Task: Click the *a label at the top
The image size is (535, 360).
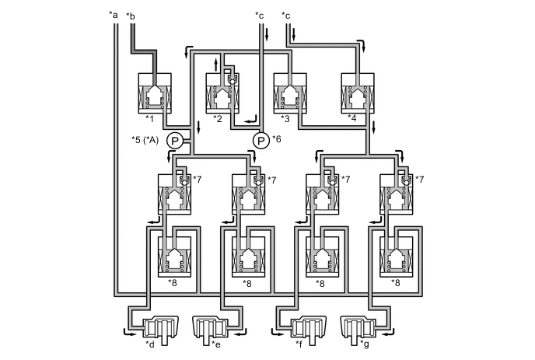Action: click(x=114, y=14)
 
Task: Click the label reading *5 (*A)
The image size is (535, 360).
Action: click(x=145, y=141)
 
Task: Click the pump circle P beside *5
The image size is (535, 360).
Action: click(x=175, y=141)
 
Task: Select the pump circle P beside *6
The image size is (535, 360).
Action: click(x=261, y=140)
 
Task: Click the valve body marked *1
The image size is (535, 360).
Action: click(x=156, y=93)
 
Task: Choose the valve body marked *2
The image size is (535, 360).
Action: click(x=224, y=93)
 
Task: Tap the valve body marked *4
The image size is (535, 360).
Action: click(x=359, y=93)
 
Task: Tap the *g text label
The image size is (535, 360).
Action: click(x=367, y=342)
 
